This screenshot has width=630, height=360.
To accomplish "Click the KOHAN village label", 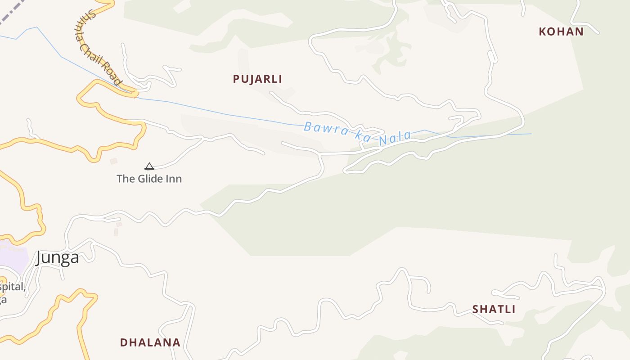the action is coord(561,32).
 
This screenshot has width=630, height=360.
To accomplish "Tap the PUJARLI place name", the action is coord(257,79).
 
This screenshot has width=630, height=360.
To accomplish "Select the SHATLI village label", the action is coord(494,310).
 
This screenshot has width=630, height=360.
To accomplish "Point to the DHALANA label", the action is coord(150,342).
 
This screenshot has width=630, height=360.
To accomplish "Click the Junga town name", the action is coord(57,257).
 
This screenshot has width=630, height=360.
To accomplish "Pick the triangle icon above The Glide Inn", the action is coord(149,166).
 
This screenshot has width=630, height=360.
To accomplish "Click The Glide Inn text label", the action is coord(149,179).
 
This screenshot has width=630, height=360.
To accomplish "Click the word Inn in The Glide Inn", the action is coord(174,179).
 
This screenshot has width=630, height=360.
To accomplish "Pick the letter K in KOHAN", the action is coord(542,32).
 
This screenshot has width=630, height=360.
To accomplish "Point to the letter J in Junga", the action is coord(39,258).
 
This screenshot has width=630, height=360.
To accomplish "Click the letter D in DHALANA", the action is coord(123,342).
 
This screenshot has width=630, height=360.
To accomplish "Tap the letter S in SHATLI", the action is coord(475,310).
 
